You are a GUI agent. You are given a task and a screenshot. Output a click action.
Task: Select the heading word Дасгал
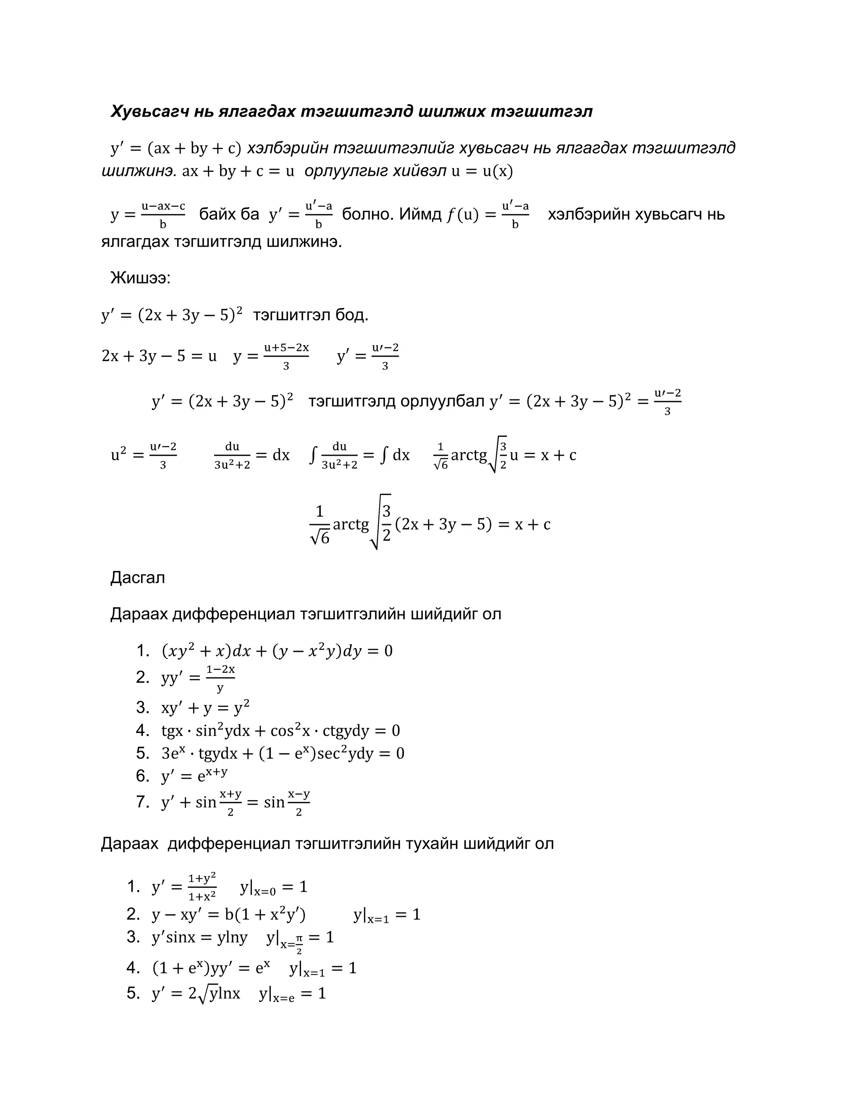click(138, 577)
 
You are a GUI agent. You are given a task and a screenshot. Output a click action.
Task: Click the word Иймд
click(420, 214)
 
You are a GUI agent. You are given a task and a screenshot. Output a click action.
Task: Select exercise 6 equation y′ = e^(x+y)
click(194, 776)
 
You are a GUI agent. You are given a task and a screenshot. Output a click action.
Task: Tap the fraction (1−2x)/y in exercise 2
click(220, 678)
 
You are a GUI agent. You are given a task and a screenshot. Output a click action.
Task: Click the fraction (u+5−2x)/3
click(286, 356)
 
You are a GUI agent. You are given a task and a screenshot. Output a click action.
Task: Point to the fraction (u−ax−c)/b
click(163, 215)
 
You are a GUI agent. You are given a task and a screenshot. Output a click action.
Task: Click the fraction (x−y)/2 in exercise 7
click(299, 803)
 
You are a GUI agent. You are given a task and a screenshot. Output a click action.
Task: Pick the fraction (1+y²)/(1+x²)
click(202, 887)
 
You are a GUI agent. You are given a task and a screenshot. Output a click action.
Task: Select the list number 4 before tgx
click(142, 730)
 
